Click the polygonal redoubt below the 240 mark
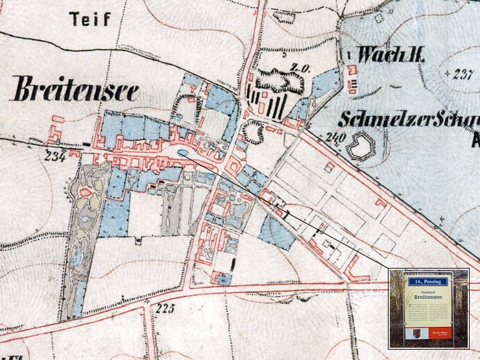pos(360,147)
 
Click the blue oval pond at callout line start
pos(184,154)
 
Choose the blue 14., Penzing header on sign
pos(428,282)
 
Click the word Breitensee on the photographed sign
pos(428,296)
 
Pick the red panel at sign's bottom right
pos(440,333)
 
